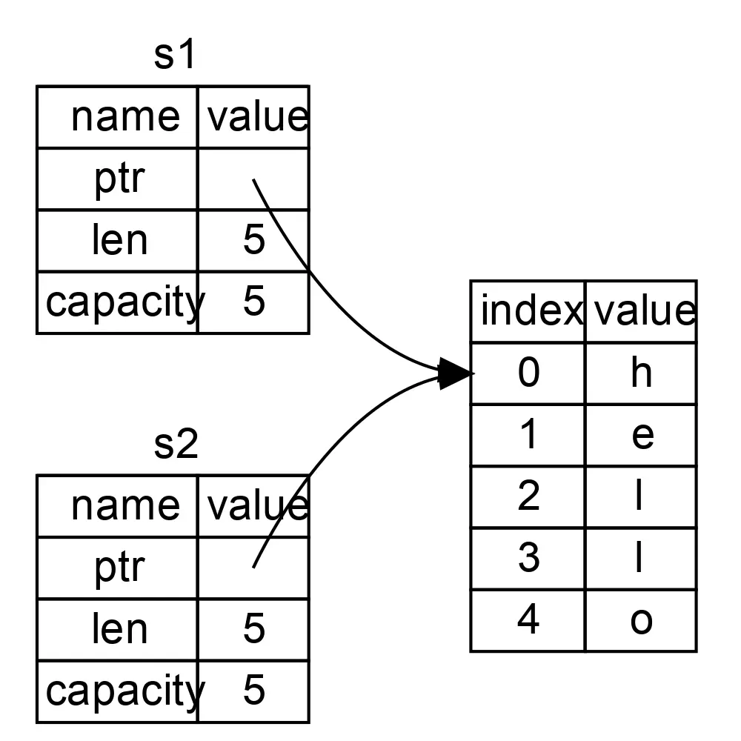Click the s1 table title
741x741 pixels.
[x=175, y=56]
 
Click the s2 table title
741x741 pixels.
[x=176, y=445]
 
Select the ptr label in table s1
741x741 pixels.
[x=119, y=179]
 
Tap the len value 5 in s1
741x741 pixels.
[x=253, y=240]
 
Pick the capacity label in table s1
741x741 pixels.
[x=123, y=302]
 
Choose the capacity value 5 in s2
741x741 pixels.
[x=253, y=691]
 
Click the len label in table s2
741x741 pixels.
[x=119, y=628]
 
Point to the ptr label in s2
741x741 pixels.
[x=119, y=568]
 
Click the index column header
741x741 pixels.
[x=529, y=311]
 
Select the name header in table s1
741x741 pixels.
[x=124, y=117]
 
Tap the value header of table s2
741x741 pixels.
[x=256, y=506]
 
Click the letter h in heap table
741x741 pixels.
[x=641, y=373]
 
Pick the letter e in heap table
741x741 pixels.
[x=642, y=435]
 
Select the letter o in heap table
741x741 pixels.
[x=641, y=620]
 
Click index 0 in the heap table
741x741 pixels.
[x=528, y=373]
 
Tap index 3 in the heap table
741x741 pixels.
[x=528, y=558]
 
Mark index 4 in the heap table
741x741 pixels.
[x=528, y=620]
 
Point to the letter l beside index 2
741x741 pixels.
[x=639, y=496]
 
